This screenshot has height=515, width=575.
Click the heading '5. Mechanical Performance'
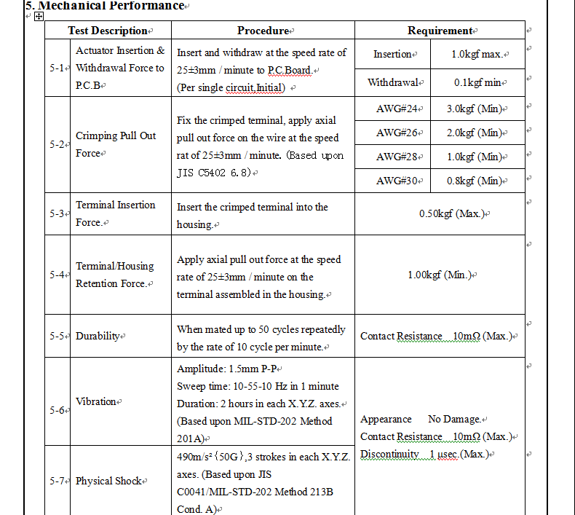pyautogui.click(x=105, y=6)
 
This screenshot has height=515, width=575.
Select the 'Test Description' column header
pyautogui.click(x=108, y=31)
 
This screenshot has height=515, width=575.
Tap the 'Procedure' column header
pyautogui.click(x=263, y=31)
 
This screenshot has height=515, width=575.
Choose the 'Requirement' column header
pyautogui.click(x=439, y=31)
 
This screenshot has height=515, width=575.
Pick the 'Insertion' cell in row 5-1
pyautogui.click(x=392, y=55)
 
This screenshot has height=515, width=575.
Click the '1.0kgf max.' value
pyautogui.click(x=477, y=55)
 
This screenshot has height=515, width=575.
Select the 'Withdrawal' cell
pyautogui.click(x=393, y=82)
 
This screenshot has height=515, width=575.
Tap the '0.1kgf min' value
pyautogui.click(x=477, y=82)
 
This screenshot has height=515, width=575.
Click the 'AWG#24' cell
pyautogui.click(x=397, y=109)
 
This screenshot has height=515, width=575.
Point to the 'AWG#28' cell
pyautogui.click(x=397, y=157)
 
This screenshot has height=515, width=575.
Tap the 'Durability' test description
pyautogui.click(x=98, y=336)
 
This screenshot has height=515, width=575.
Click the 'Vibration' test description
pyautogui.click(x=96, y=401)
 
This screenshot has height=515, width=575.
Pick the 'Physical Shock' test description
pyautogui.click(x=108, y=481)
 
